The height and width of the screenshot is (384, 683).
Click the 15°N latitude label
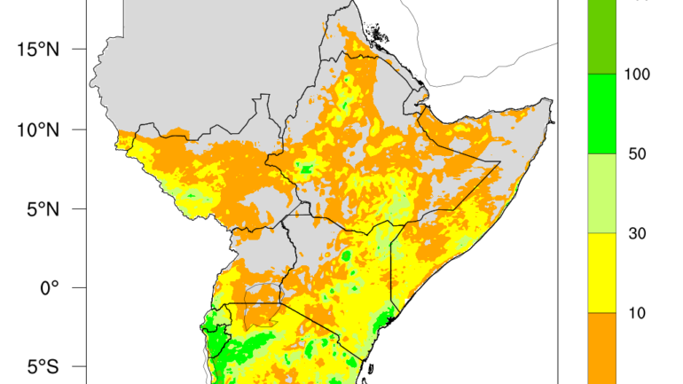tap(37, 49)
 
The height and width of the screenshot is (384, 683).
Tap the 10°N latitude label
tap(37, 129)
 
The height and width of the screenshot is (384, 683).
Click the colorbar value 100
tap(638, 74)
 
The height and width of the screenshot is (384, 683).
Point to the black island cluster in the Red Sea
tap(378, 37)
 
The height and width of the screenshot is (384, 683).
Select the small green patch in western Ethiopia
tap(306, 168)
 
